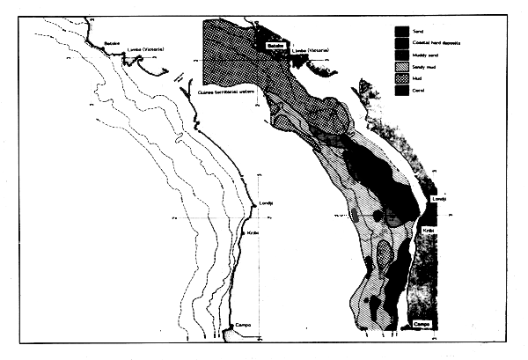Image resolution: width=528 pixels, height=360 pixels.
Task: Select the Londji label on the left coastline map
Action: point(267,204)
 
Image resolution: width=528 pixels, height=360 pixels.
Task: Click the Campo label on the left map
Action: point(243,325)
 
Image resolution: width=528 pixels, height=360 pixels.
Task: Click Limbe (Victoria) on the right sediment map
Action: point(312,50)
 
